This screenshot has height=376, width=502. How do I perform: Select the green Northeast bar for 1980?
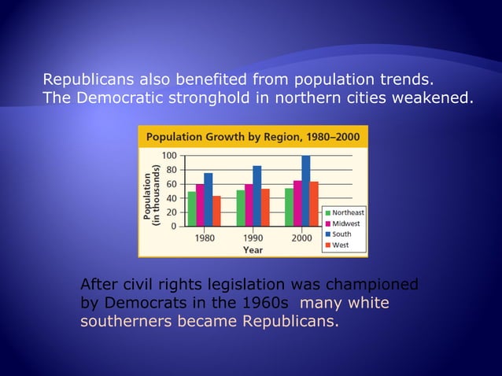(x=192, y=209)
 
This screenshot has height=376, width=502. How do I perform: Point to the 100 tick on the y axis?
(x=169, y=156)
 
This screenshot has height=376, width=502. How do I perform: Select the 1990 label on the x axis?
(x=253, y=238)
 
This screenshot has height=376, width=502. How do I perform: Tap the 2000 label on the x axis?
(x=301, y=238)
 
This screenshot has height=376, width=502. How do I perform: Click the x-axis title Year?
(x=253, y=249)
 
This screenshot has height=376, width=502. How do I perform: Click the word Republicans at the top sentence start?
(x=88, y=79)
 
